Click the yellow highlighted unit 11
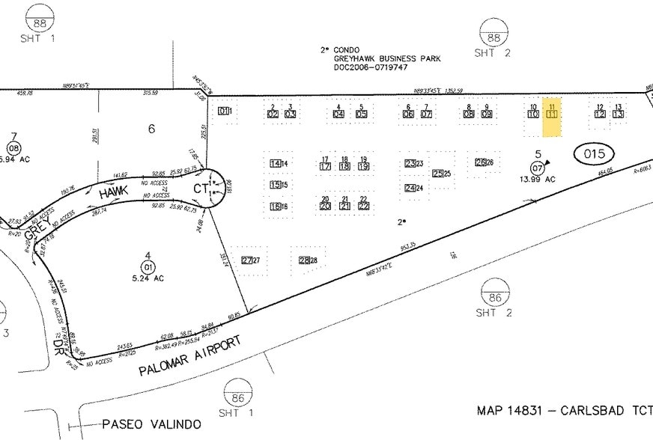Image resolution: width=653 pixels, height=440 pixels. pyautogui.click(x=552, y=116)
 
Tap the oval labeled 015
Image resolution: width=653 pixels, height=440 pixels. pyautogui.click(x=593, y=154)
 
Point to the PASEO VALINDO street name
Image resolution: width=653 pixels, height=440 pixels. pyautogui.click(x=152, y=424)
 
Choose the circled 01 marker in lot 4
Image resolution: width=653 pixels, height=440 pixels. pyautogui.click(x=148, y=266)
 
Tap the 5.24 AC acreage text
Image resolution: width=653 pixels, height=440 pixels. pyautogui.click(x=148, y=279)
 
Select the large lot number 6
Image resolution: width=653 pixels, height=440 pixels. pyautogui.click(x=151, y=129)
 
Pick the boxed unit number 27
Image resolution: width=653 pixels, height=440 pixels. pyautogui.click(x=246, y=260)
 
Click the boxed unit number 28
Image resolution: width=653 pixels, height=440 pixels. pyautogui.click(x=303, y=260)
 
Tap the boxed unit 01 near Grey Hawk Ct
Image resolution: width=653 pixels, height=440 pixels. pyautogui.click(x=222, y=111)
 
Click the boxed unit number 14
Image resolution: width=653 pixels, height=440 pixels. pyautogui.click(x=275, y=163)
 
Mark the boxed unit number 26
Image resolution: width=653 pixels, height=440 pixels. pyautogui.click(x=480, y=162)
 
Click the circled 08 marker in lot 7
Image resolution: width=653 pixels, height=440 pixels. pyautogui.click(x=13, y=148)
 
